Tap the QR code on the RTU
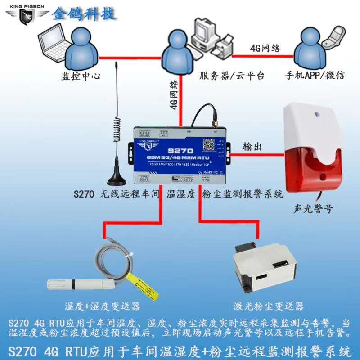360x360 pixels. (209, 145)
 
